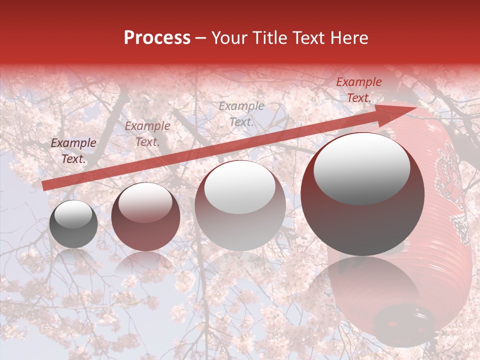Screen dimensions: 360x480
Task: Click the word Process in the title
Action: (157, 38)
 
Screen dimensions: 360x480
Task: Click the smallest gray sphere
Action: (73, 224)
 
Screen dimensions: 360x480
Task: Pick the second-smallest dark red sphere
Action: (145, 216)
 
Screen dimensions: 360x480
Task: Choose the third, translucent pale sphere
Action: (240, 205)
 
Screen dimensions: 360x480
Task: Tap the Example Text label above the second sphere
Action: (147, 134)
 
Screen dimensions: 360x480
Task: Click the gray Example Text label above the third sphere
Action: (241, 113)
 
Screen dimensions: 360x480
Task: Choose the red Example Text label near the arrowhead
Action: (358, 90)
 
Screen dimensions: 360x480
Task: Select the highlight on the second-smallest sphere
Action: (145, 202)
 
